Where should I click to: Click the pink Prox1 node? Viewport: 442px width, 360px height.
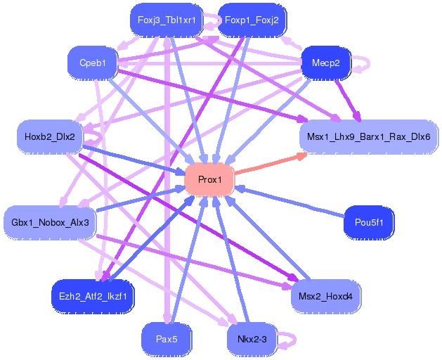209,180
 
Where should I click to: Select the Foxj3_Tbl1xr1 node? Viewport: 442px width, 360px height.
167,20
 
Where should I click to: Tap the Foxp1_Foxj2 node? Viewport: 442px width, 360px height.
252,20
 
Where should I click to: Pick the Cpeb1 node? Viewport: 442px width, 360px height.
93,63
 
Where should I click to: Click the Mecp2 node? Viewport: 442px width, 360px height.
325,63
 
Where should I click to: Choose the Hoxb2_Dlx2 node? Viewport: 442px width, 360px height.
49,135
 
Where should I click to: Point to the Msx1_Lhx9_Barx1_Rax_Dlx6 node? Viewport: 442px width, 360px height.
369,135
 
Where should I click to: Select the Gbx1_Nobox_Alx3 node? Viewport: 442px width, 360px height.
50,223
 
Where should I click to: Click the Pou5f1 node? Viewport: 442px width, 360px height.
369,223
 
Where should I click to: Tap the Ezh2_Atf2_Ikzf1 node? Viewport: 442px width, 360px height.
93,296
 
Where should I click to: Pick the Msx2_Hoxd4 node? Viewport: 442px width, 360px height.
326,296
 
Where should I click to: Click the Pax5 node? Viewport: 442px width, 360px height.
167,339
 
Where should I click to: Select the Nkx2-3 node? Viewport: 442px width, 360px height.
252,339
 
